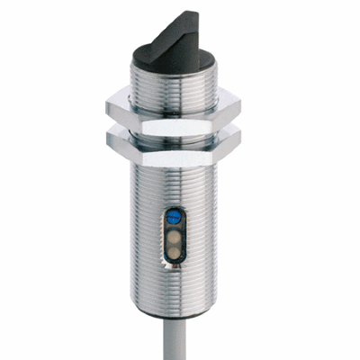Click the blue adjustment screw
coord(175,217)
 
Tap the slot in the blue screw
coord(175,217)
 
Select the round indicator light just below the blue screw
coord(175,230)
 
